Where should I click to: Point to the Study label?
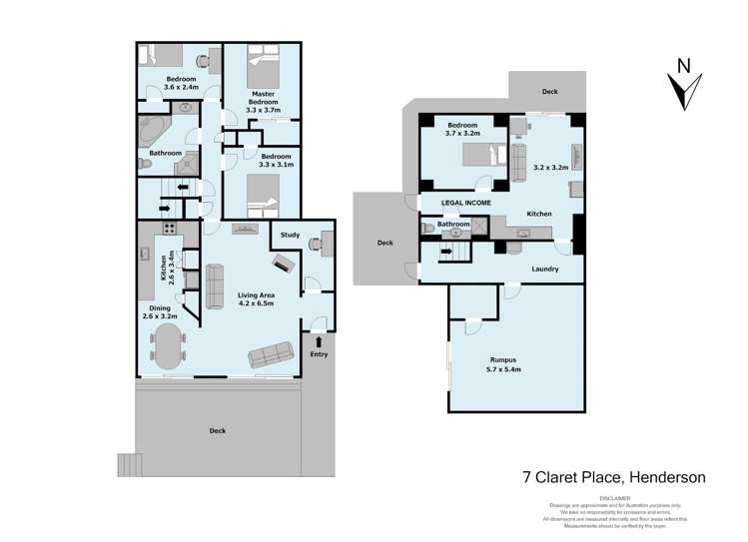(290, 235)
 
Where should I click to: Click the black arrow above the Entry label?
(320, 341)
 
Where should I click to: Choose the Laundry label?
(544, 269)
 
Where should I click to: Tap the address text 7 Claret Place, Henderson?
(614, 477)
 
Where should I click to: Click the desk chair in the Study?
(317, 243)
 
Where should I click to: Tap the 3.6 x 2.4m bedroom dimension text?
(181, 87)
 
